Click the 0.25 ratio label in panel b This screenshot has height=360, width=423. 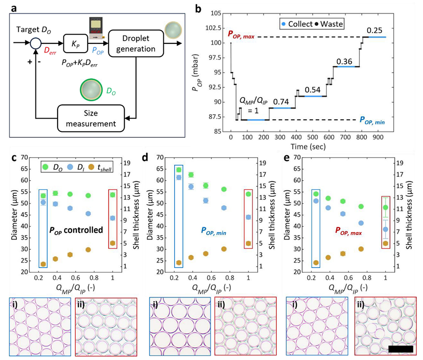click(374, 30)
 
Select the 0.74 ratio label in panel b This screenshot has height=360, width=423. click(281, 101)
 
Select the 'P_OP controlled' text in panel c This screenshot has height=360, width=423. click(76, 230)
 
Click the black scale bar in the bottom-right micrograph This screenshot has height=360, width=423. click(400, 349)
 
